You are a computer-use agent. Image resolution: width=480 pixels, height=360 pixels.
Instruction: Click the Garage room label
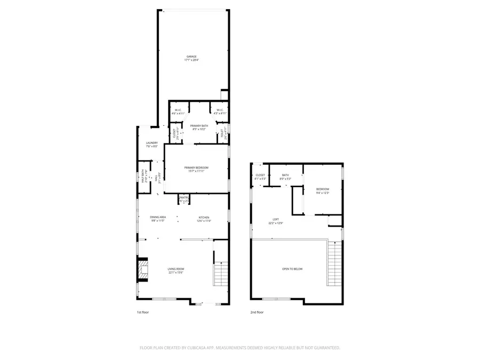191,57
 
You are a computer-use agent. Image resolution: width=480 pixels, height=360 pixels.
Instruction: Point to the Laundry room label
151,143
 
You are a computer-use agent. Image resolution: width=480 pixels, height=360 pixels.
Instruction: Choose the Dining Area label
158,217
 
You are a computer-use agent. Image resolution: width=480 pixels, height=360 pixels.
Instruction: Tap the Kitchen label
204,217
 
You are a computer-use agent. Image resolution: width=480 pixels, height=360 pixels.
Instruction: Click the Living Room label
175,269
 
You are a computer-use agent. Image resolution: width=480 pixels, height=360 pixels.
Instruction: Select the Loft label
276,220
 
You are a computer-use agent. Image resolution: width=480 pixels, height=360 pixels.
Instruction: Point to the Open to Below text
292,269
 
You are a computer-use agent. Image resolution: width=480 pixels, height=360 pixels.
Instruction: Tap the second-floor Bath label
285,175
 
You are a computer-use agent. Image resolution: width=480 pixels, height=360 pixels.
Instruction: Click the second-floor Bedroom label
323,189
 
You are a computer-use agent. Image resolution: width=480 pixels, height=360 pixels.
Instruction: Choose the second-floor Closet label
260,175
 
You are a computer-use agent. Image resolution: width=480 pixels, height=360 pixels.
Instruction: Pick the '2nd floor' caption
257,313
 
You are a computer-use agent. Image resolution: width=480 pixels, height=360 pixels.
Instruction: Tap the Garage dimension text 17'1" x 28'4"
191,60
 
